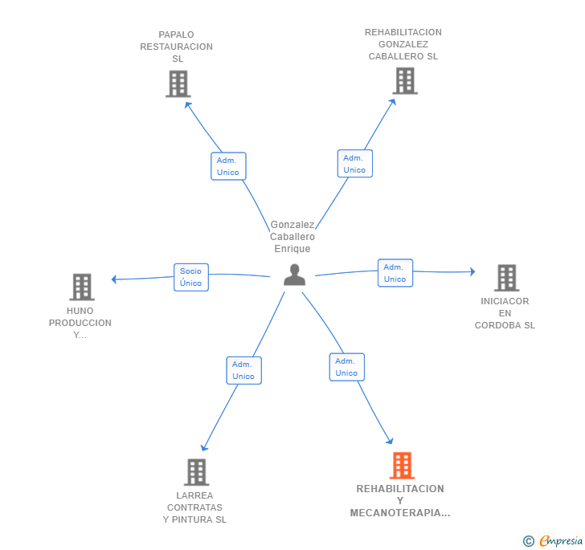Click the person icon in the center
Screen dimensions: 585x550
[294, 275]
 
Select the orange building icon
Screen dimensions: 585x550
[402, 466]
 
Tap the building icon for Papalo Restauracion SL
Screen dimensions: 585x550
[178, 84]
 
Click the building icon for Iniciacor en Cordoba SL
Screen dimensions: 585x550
[506, 278]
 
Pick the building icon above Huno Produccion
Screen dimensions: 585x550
[82, 287]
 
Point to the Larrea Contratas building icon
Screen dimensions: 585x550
[196, 472]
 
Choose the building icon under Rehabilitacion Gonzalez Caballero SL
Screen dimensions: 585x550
[405, 81]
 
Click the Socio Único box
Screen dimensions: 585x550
[191, 277]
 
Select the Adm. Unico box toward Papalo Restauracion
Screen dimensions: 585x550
[228, 166]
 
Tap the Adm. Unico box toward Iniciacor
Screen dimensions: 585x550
[395, 273]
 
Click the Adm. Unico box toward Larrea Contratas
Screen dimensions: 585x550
[244, 370]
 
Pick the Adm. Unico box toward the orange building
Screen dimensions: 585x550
[347, 367]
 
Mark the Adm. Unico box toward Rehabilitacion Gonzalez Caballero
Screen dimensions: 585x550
[355, 164]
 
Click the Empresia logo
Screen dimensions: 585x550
[553, 540]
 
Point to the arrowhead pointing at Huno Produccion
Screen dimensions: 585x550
[114, 279]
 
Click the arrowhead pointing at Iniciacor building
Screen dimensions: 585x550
[472, 271]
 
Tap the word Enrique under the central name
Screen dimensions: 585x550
[292, 249]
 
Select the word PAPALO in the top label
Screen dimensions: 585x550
[176, 35]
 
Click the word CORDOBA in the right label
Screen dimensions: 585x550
[497, 325]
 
